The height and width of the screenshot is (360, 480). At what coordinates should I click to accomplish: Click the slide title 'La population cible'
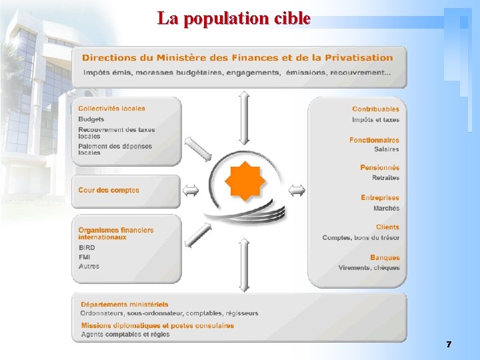tap(234, 19)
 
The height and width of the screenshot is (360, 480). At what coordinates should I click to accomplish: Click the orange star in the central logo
tap(245, 181)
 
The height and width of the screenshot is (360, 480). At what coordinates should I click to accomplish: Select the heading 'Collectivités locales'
tap(111, 108)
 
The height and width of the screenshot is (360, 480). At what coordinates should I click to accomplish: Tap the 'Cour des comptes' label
tap(109, 190)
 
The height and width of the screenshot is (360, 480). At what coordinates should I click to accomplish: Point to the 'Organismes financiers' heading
tap(115, 230)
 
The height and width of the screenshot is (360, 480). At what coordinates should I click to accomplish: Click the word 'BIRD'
tap(87, 247)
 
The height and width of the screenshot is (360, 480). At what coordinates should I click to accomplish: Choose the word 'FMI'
tap(85, 257)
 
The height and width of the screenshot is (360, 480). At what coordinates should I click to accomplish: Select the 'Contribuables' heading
tap(375, 109)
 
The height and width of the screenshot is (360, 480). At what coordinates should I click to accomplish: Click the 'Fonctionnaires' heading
tap(374, 140)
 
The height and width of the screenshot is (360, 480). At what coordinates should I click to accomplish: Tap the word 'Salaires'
tap(386, 149)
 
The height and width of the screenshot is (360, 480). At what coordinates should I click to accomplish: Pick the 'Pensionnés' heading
tap(379, 168)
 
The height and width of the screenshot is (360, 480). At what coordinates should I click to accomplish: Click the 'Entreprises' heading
tap(380, 198)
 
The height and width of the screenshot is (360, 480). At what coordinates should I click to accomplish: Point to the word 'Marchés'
tap(386, 208)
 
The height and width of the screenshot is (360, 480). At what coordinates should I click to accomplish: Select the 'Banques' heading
tap(385, 257)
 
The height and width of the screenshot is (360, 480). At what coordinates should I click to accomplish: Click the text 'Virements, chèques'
tap(369, 267)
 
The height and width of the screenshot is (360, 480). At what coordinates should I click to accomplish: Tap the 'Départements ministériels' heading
tap(123, 305)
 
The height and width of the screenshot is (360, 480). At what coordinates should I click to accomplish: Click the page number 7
tap(449, 345)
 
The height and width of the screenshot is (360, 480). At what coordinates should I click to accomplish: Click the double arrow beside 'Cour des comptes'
tap(191, 191)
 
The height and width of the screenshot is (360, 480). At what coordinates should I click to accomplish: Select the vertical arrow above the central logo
tap(244, 118)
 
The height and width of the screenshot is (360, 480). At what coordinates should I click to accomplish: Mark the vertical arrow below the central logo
tap(244, 265)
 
